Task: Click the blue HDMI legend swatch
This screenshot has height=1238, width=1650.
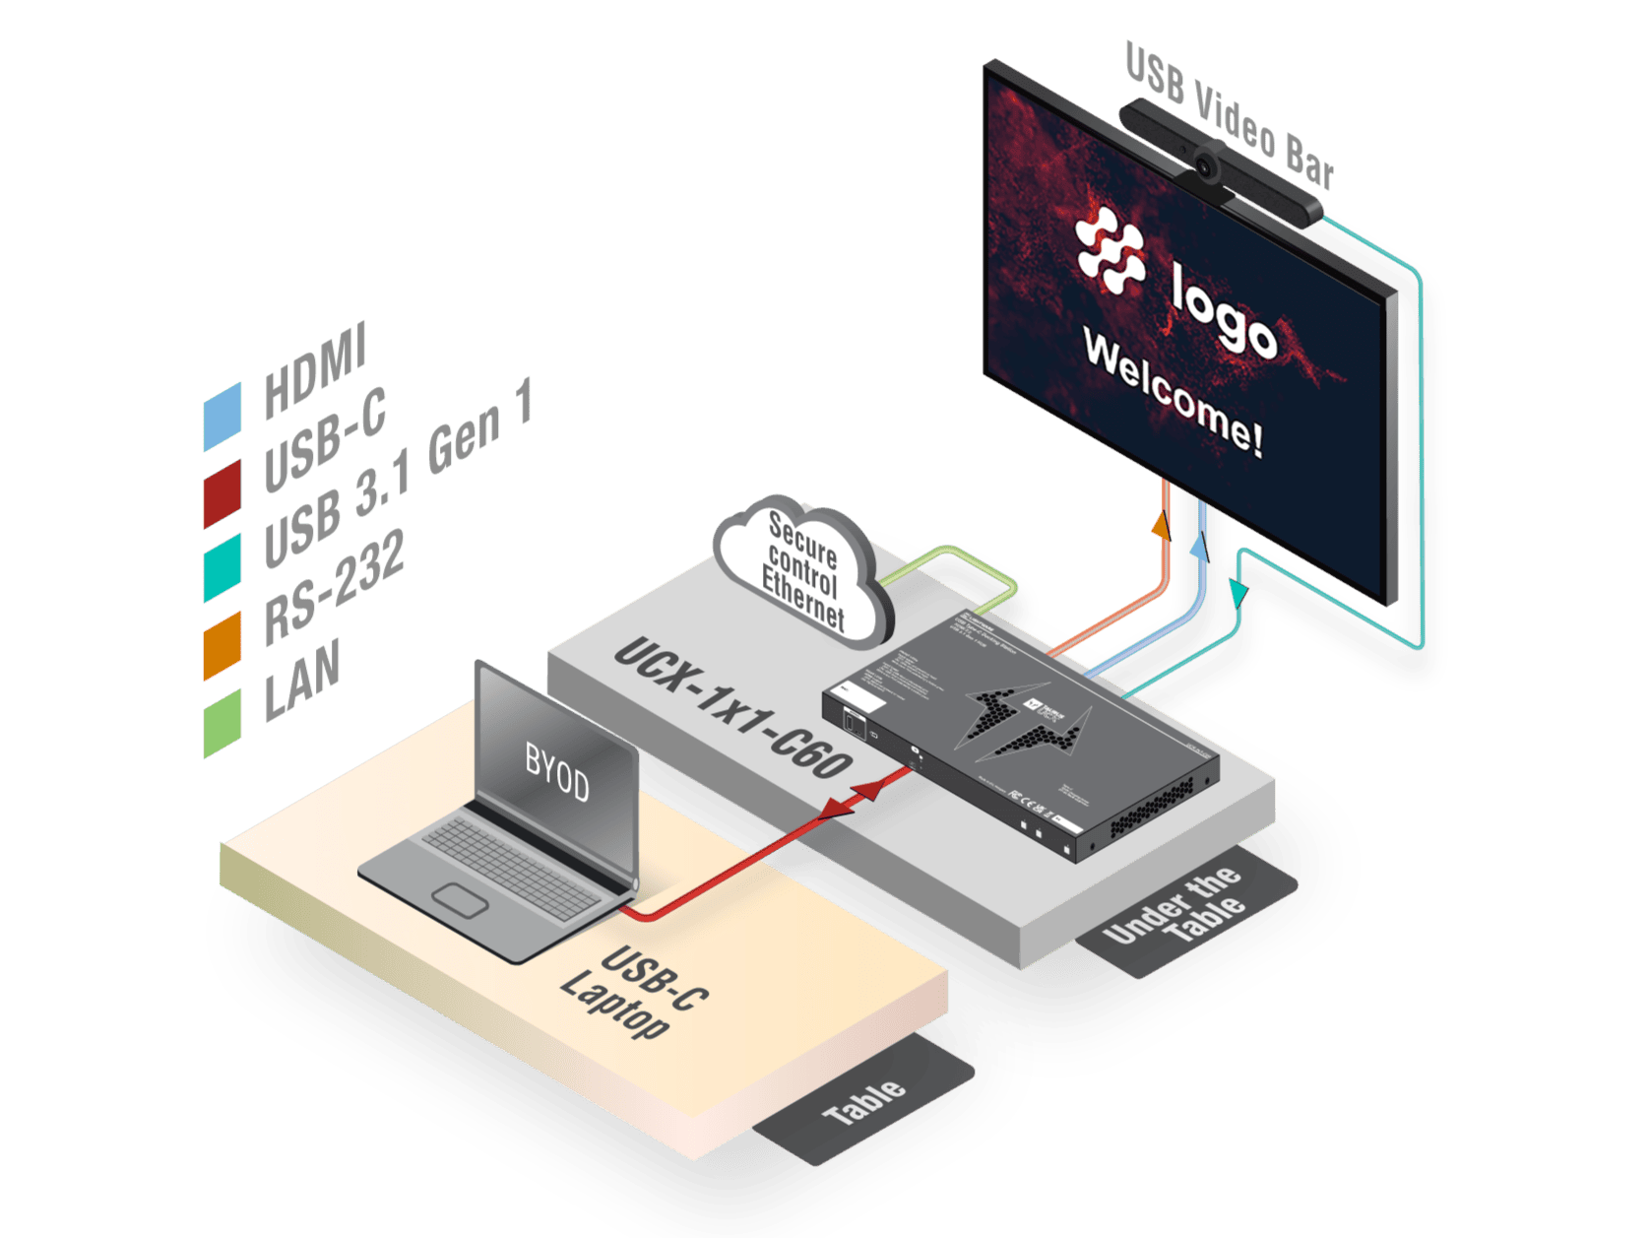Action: (222, 417)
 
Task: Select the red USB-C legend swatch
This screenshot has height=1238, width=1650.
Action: (222, 493)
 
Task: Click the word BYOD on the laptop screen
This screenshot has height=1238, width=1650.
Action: (556, 773)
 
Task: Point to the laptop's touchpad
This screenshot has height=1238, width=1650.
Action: (460, 900)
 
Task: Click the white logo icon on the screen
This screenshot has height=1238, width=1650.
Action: (1110, 250)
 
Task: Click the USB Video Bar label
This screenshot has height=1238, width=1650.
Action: (1230, 116)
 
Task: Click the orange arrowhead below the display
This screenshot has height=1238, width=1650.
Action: (1163, 524)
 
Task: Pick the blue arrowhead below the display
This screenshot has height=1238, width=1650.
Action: (1200, 544)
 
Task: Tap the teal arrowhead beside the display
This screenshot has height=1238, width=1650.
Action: (1238, 591)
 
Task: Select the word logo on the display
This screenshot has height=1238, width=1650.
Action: (1224, 311)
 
